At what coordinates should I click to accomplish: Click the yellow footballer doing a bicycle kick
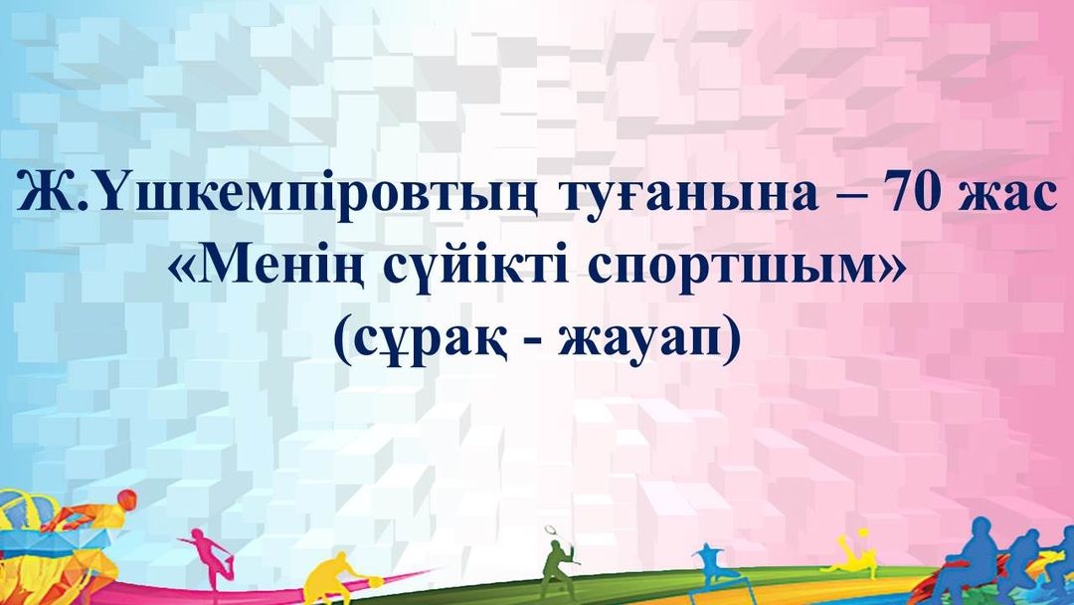point(855,556)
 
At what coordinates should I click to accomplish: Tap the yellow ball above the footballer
point(864,531)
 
